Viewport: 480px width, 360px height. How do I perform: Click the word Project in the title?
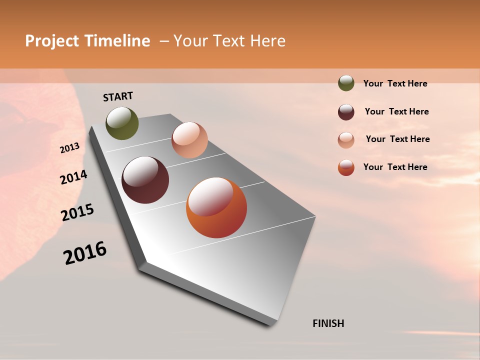[x=51, y=41]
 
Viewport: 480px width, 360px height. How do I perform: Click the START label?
[x=118, y=96]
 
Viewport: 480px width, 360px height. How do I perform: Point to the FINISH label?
[x=328, y=323]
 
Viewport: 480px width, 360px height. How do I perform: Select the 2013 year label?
[x=69, y=148]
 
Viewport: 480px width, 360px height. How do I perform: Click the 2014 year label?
[x=73, y=177]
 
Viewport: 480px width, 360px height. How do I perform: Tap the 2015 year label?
[x=77, y=212]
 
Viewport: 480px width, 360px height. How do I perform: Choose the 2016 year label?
[x=85, y=253]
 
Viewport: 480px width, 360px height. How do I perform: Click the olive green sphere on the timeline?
[x=122, y=123]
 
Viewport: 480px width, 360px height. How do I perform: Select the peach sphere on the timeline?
[x=189, y=140]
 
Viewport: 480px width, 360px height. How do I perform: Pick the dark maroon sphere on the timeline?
[x=145, y=180]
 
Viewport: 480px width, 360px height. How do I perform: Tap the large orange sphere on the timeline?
[x=216, y=207]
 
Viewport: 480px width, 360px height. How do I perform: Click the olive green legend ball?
[x=346, y=83]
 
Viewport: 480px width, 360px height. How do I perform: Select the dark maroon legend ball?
[x=346, y=112]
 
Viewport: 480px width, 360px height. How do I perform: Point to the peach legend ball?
[x=346, y=139]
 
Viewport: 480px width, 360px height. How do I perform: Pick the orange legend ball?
[x=346, y=167]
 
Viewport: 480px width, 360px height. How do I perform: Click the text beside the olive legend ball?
[x=395, y=83]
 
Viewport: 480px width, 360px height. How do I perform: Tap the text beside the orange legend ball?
[x=395, y=167]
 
